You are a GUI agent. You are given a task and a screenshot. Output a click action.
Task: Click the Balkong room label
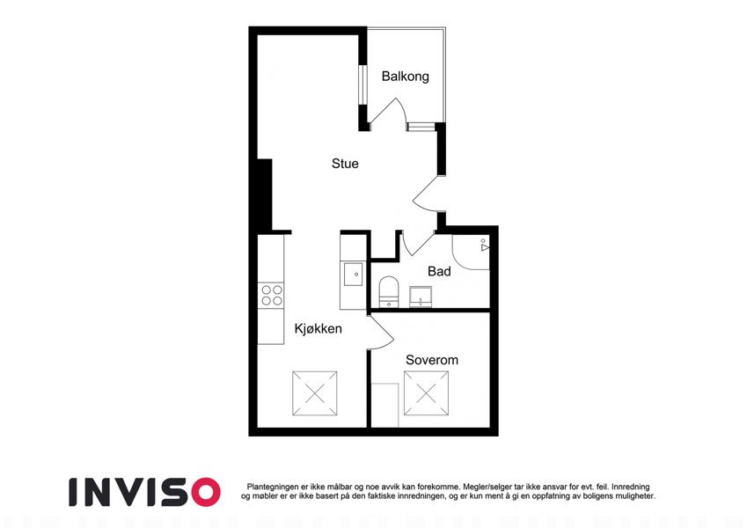click(405, 77)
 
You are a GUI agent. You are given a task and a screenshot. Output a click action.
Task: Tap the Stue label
click(345, 164)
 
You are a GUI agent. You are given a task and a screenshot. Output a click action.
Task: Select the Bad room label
click(439, 271)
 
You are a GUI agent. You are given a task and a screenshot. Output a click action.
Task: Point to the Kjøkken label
click(319, 329)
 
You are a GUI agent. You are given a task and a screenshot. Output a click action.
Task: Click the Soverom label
click(432, 360)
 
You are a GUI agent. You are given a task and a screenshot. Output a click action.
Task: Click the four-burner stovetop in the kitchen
click(272, 295)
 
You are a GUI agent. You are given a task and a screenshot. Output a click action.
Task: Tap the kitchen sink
click(354, 274)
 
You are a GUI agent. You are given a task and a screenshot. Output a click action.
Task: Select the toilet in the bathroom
click(389, 291)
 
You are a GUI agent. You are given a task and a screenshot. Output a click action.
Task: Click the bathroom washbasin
click(421, 297)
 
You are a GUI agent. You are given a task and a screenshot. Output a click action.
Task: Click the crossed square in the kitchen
click(314, 393)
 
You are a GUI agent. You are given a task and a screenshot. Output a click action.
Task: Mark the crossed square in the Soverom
click(427, 393)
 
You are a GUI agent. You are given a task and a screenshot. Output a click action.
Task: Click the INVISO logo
click(145, 492)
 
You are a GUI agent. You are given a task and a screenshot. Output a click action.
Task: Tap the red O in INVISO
click(204, 492)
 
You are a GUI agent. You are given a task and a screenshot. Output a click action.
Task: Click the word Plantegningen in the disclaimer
click(273, 487)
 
